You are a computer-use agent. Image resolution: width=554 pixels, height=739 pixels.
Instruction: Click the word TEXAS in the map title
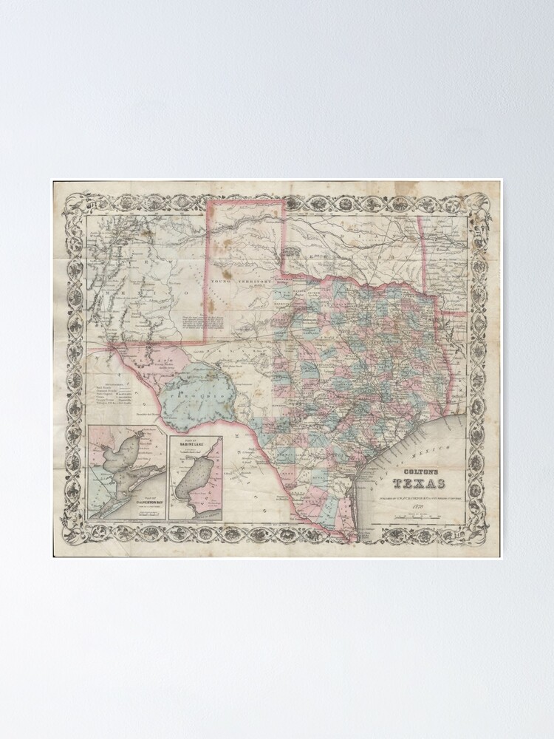coord(418,484)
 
